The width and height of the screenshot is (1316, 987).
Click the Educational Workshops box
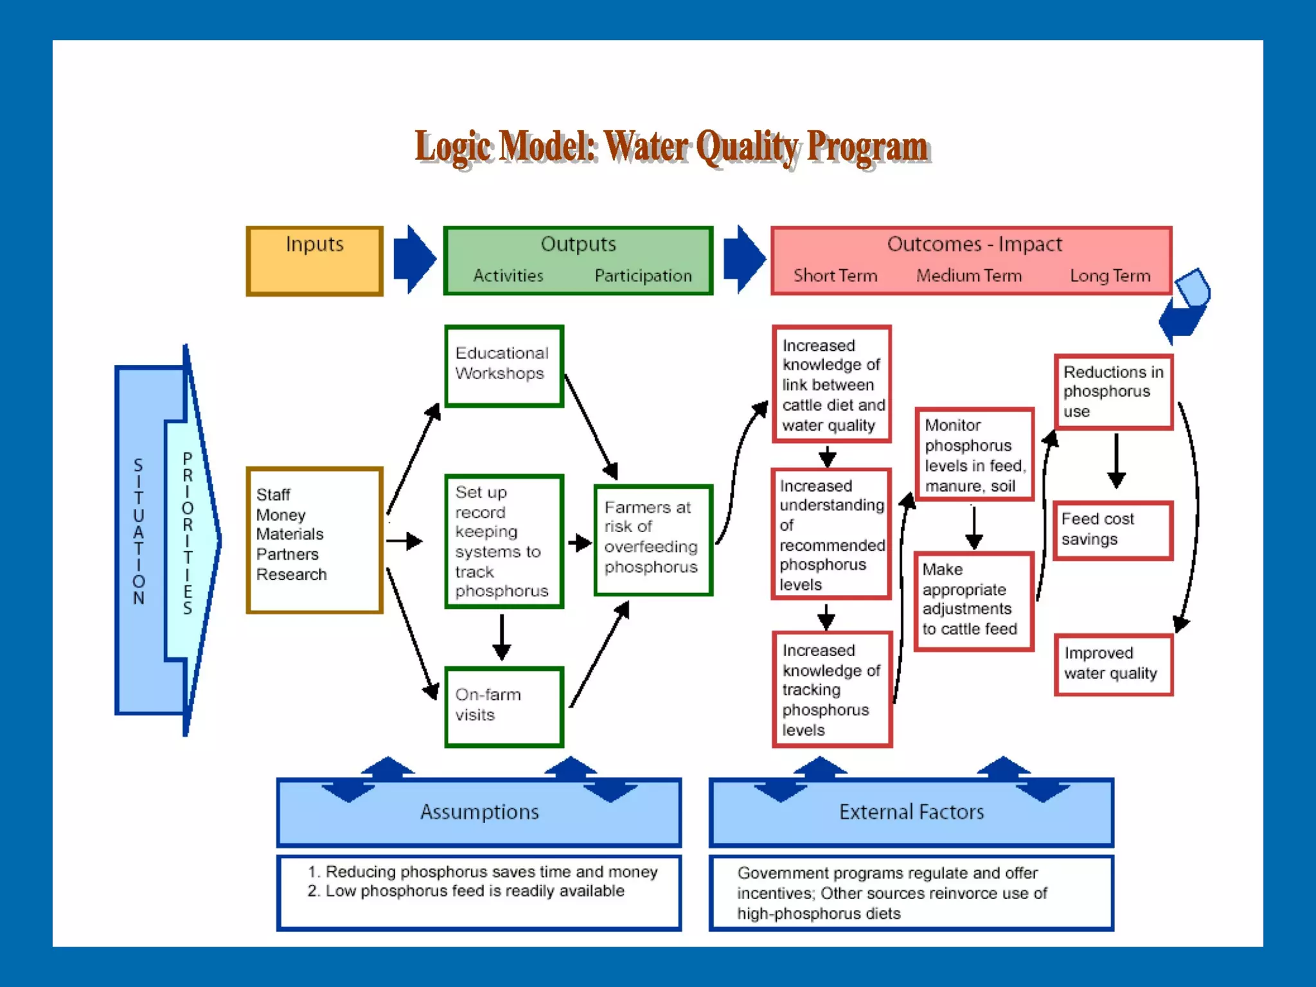coord(504,366)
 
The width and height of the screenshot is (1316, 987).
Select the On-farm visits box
coord(504,706)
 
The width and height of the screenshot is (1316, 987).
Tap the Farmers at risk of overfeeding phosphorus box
coord(653,539)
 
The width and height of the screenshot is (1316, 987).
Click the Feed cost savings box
coord(1113,529)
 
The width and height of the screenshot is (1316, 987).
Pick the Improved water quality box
coord(1113,664)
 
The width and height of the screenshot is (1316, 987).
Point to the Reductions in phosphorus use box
coord(1113,391)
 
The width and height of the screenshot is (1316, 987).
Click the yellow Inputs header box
coord(314,260)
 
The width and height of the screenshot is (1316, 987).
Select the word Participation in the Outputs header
coord(643,276)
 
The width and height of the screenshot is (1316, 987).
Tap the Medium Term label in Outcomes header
coord(968,276)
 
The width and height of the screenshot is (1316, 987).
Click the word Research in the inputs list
coord(291,574)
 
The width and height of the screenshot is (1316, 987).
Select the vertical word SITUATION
coord(138,531)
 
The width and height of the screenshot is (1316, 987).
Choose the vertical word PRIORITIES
coord(188,533)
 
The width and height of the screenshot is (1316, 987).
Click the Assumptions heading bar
coord(479,812)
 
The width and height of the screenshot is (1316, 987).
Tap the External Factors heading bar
coord(911,812)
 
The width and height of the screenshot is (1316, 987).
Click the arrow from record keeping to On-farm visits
coord(502,637)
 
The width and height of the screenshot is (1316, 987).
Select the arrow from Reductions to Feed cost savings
coord(1116,460)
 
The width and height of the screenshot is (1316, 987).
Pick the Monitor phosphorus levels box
coord(974,454)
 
